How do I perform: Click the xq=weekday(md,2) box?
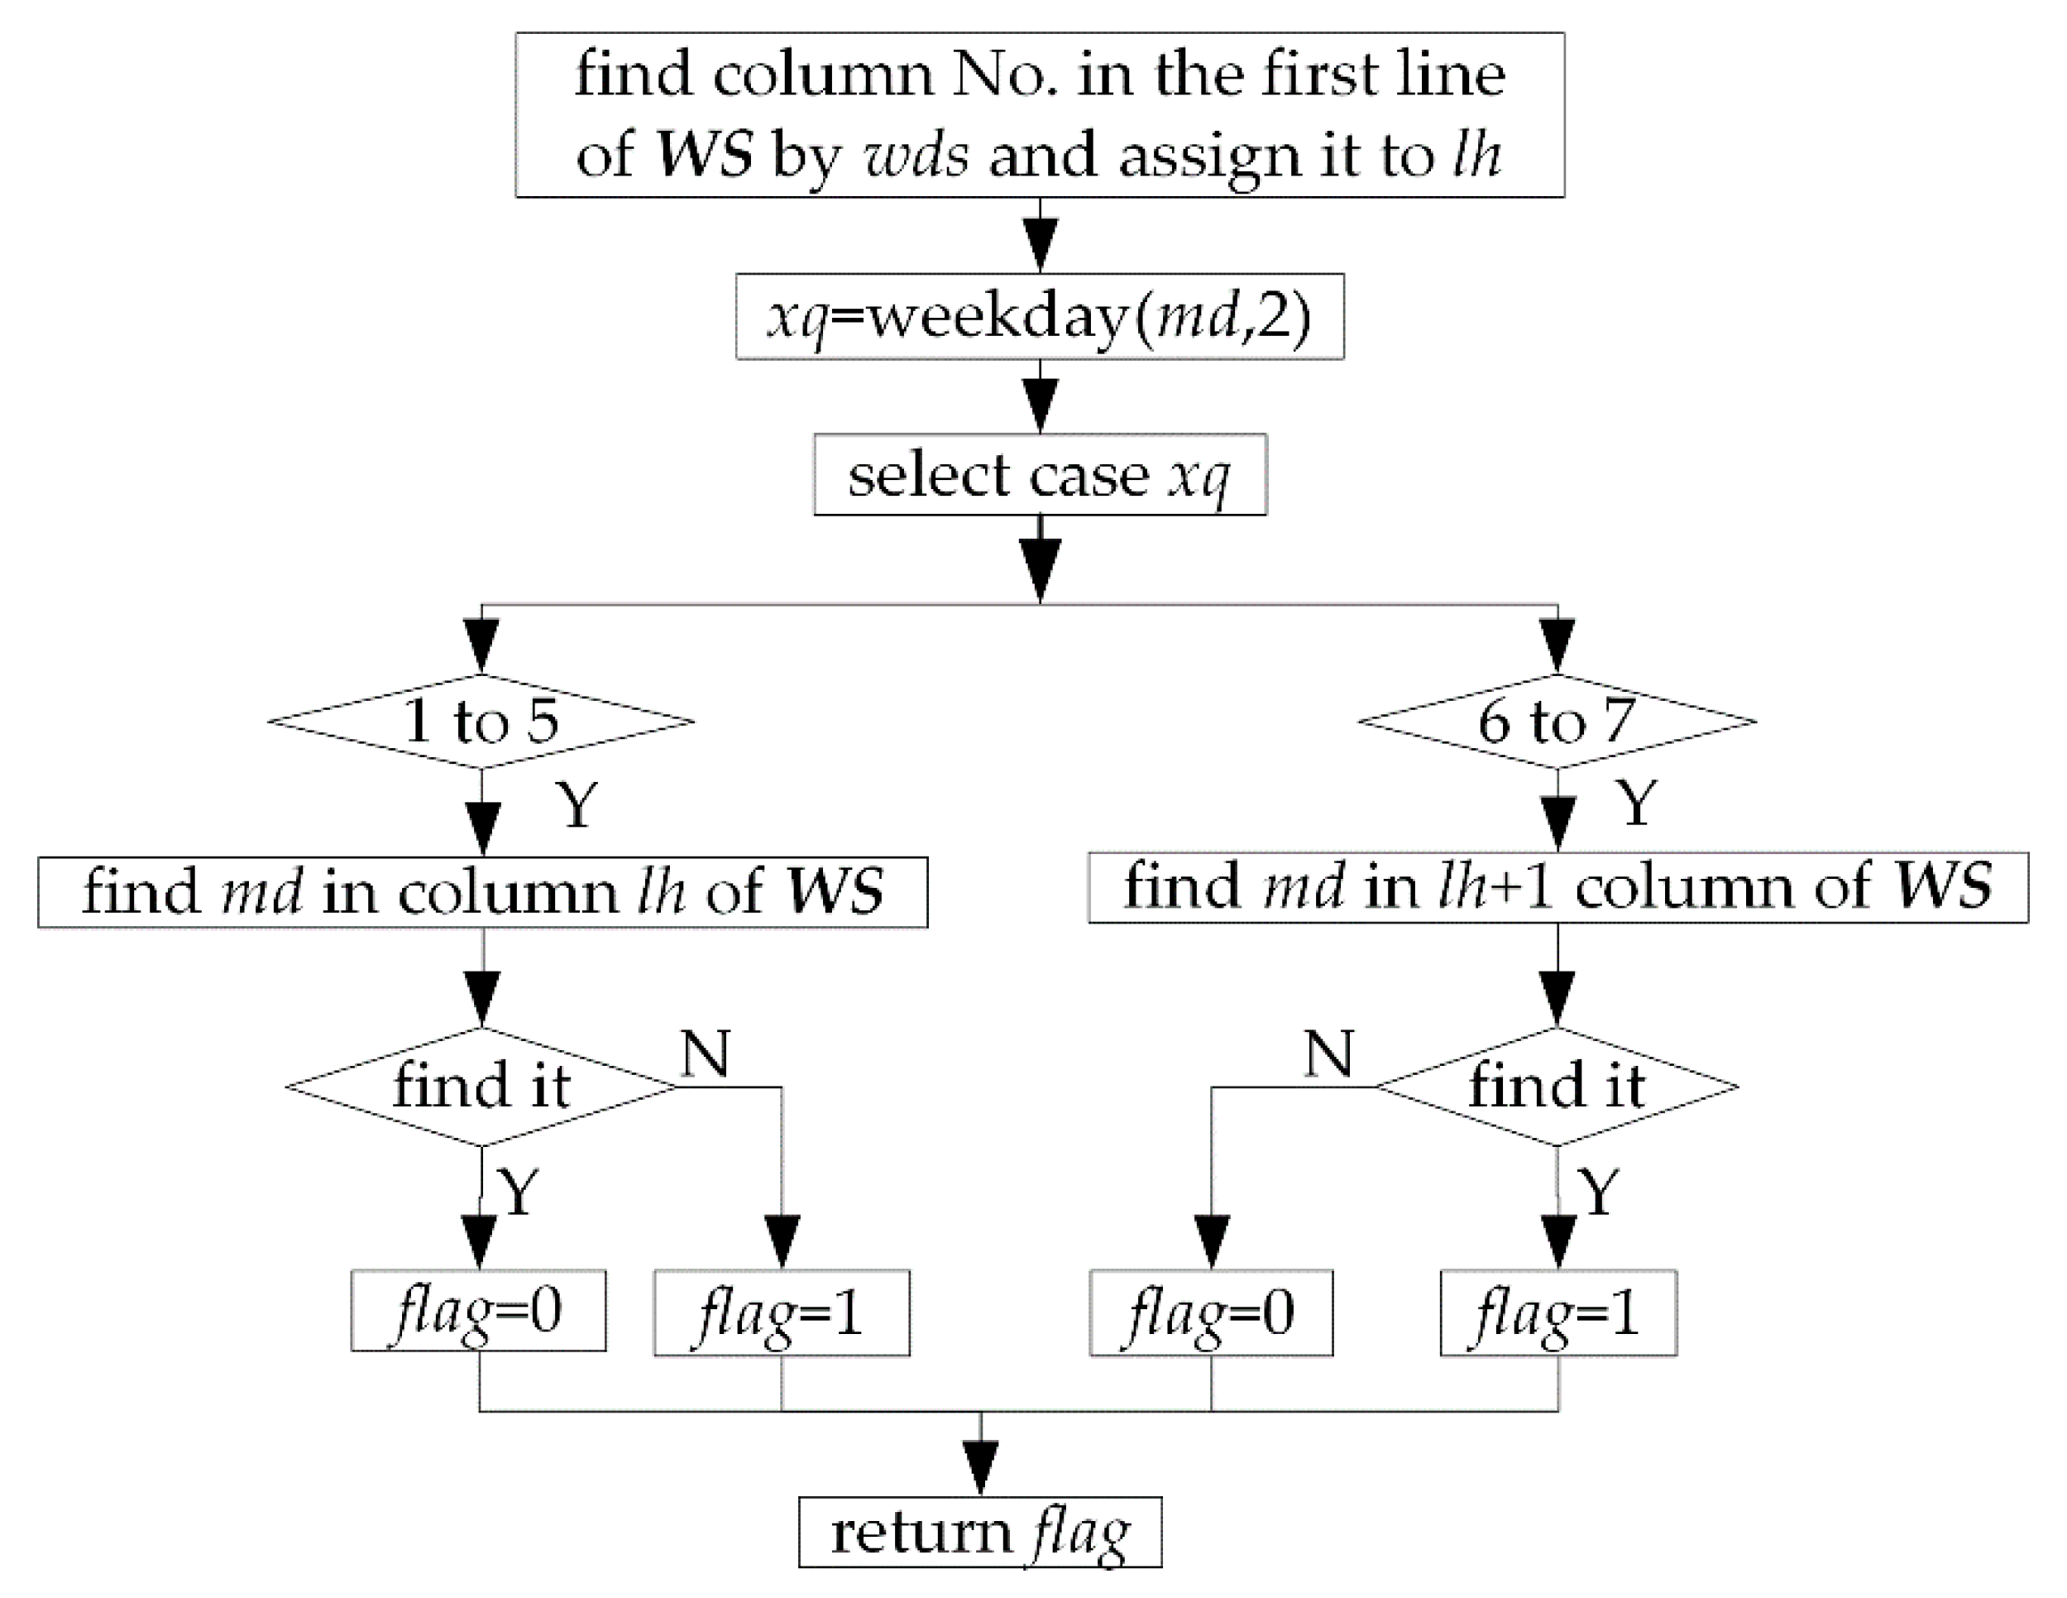[1039, 317]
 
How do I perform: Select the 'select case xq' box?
[1039, 475]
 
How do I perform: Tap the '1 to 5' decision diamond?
[481, 722]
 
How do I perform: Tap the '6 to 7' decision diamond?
[1557, 722]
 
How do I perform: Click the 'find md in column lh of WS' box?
[483, 892]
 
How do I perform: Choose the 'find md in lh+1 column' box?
[1557, 888]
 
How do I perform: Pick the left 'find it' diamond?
[481, 1086]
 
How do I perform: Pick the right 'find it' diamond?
[1557, 1086]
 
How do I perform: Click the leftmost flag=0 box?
[478, 1311]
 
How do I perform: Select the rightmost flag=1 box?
[1557, 1313]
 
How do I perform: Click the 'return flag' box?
[979, 1533]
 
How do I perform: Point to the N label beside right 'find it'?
[1328, 1053]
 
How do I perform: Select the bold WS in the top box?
[705, 153]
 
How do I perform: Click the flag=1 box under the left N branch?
[782, 1313]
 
